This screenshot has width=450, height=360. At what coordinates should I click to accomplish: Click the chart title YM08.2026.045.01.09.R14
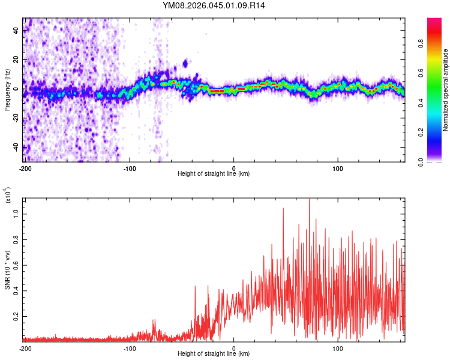[214, 5]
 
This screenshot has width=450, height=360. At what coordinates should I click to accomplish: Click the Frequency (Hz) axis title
[7, 89]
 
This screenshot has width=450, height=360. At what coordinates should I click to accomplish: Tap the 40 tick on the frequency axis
[17, 30]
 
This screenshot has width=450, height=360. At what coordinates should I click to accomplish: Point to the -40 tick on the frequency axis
[16, 147]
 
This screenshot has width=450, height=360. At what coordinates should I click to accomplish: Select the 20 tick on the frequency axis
[17, 59]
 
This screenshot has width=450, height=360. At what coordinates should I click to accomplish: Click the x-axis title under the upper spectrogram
[214, 174]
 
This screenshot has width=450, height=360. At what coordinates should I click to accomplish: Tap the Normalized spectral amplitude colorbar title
[446, 90]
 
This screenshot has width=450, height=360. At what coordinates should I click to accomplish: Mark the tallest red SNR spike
[309, 200]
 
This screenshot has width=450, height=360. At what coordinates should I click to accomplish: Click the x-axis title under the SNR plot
[214, 354]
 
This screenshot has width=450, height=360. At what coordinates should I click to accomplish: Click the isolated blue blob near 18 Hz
[185, 63]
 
